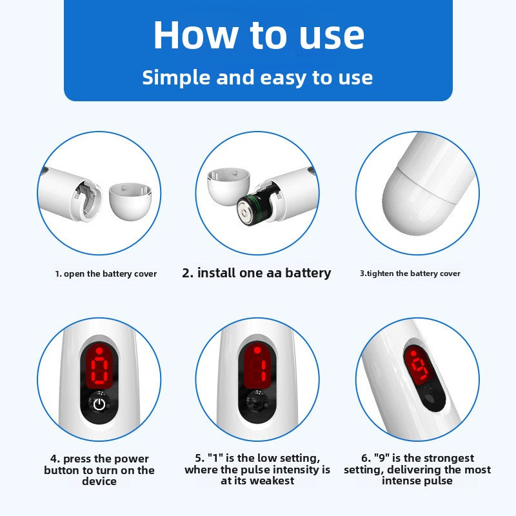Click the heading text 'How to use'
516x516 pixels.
[x=259, y=35]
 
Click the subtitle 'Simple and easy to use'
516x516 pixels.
[x=257, y=77]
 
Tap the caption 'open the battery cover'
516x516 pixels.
[x=110, y=273]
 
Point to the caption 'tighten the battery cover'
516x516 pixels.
[x=413, y=273]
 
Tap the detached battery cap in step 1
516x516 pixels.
[x=130, y=201]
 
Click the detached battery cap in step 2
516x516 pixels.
[x=228, y=186]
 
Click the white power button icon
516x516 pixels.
[x=99, y=404]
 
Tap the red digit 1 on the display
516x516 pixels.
[x=263, y=370]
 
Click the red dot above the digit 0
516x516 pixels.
[x=100, y=350]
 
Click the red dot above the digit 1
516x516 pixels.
[x=257, y=350]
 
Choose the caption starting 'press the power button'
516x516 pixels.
[x=99, y=470]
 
